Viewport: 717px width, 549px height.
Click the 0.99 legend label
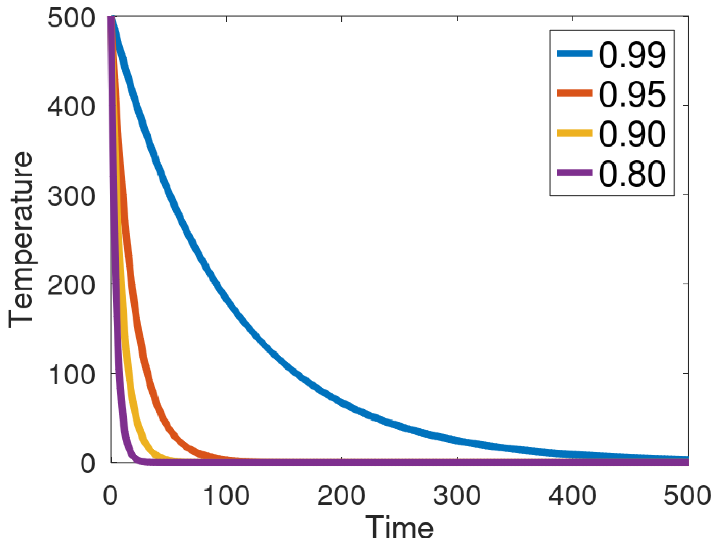(x=632, y=54)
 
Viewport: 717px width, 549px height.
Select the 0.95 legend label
(x=632, y=94)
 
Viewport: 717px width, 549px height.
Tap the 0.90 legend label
(x=632, y=134)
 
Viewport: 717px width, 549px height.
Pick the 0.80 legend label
(x=632, y=174)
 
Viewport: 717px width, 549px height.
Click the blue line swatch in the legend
(x=574, y=54)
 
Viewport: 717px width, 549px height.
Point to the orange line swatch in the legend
(x=574, y=93)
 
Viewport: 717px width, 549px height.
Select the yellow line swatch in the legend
(x=574, y=133)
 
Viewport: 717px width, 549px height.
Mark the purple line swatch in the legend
(x=574, y=173)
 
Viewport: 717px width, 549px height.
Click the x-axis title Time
(x=399, y=527)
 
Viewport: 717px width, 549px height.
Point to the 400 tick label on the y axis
(x=71, y=107)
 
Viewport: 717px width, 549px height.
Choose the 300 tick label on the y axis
(x=71, y=196)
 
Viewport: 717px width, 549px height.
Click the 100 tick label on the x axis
(x=226, y=495)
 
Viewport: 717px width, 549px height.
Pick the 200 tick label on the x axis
(x=341, y=495)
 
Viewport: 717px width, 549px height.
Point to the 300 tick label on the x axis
(x=457, y=495)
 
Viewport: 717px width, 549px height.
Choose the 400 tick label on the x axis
(x=572, y=495)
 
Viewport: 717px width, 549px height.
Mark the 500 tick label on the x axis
(x=687, y=495)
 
